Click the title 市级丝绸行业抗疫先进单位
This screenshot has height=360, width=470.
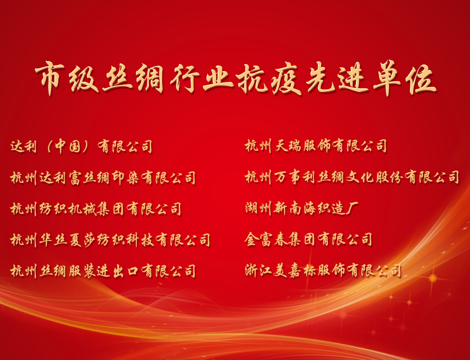tap(235, 79)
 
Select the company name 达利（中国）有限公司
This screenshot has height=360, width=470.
tap(82, 147)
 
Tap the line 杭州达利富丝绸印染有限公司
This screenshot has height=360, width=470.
tap(103, 178)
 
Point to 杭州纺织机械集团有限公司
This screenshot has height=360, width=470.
tap(96, 209)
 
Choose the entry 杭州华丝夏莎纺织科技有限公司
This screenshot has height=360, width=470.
tap(110, 240)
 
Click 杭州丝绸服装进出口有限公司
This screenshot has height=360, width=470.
tap(103, 271)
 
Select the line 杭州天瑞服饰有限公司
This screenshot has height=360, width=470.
tap(316, 146)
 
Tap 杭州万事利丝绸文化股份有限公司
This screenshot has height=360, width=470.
tap(352, 177)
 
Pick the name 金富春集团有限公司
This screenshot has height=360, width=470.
tap(308, 239)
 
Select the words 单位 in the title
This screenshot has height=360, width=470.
tap(405, 79)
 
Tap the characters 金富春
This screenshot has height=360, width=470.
tap(266, 239)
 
